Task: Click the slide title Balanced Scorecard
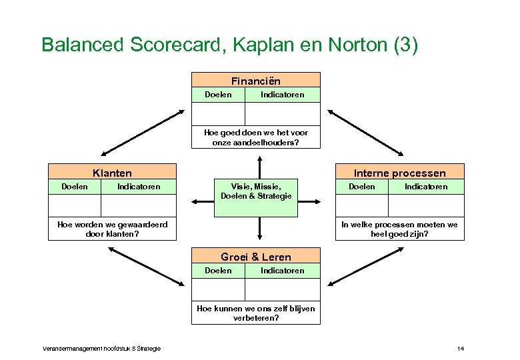230,45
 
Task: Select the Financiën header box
255,81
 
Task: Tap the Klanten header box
112,173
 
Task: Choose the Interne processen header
399,173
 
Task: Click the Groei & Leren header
255,257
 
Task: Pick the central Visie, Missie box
255,191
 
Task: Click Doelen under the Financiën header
218,95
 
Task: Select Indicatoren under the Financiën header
282,95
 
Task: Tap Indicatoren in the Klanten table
139,187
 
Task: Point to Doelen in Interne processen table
362,187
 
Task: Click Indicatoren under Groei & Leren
282,271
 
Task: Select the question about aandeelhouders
255,137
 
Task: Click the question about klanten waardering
112,229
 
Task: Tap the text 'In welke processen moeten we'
399,225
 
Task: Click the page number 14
460,349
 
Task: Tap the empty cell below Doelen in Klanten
74,205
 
